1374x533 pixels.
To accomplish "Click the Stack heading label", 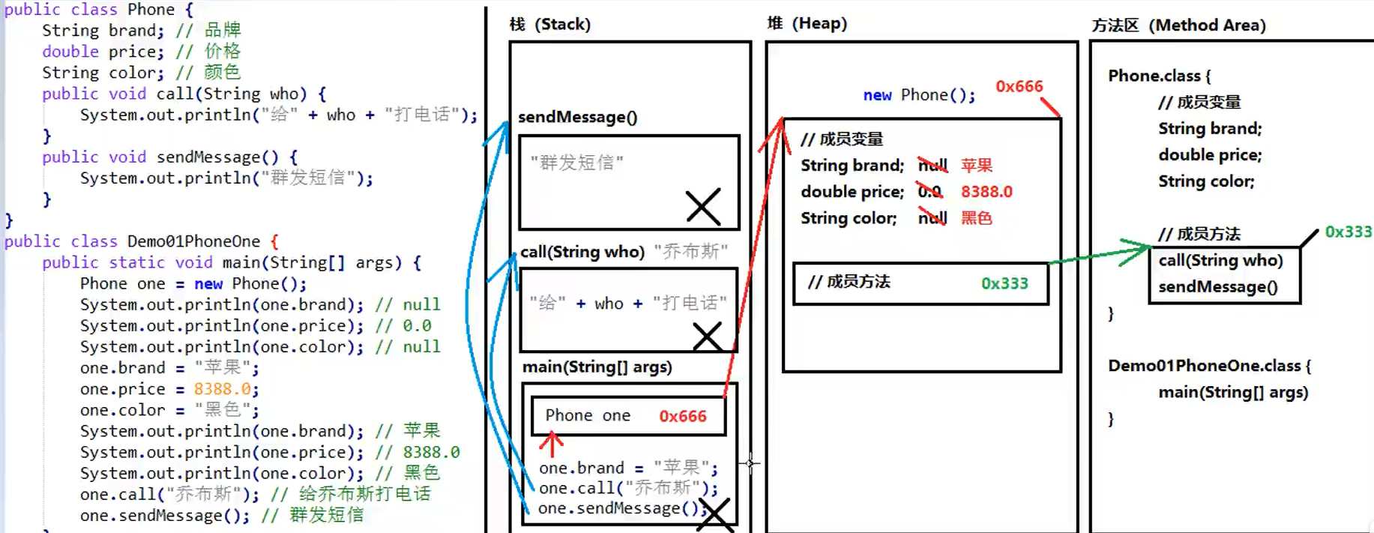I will [x=549, y=24].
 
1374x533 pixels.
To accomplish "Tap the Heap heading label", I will [x=807, y=23].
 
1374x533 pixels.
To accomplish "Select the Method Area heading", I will [x=1178, y=25].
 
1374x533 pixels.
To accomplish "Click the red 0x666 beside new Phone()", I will [x=1019, y=86].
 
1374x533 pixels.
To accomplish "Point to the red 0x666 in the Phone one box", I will [x=682, y=416].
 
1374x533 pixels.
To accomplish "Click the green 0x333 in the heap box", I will [x=1004, y=283].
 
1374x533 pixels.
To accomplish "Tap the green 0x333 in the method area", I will [x=1348, y=232].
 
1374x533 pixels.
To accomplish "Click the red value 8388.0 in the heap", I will [x=986, y=192].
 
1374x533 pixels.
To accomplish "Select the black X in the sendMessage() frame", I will [x=703, y=206].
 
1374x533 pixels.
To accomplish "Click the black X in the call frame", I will [x=707, y=337].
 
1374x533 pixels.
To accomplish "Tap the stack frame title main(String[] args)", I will [x=597, y=367].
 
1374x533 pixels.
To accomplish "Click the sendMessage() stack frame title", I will [x=577, y=117].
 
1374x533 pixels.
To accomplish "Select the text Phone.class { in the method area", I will [x=1159, y=76].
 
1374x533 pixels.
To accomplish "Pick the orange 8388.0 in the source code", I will [x=222, y=389].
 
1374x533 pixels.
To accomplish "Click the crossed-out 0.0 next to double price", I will [x=930, y=192].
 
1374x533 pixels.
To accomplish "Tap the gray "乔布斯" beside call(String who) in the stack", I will [x=690, y=251].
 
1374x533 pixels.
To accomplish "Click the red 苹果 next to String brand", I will [x=976, y=165].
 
